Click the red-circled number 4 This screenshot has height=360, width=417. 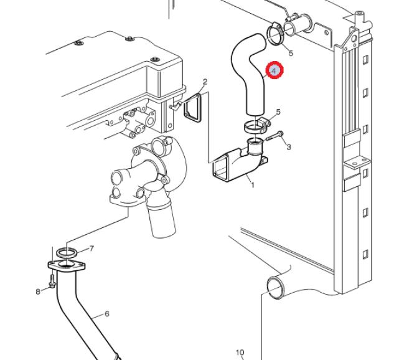tap(274, 72)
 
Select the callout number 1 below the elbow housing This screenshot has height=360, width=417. tap(252, 184)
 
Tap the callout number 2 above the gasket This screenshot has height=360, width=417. tap(205, 82)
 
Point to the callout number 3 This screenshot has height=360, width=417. tap(289, 147)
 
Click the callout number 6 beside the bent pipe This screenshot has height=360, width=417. tap(106, 313)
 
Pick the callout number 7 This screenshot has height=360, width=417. tap(91, 249)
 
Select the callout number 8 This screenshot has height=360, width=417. tap(38, 291)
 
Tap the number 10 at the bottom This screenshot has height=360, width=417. tap(240, 353)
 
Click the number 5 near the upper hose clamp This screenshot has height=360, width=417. tap(291, 54)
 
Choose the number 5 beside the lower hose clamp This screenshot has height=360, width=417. tap(278, 112)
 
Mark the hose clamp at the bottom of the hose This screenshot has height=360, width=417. tap(254, 126)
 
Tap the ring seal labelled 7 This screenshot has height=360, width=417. tap(67, 252)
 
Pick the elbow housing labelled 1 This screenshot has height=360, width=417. tap(237, 162)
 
